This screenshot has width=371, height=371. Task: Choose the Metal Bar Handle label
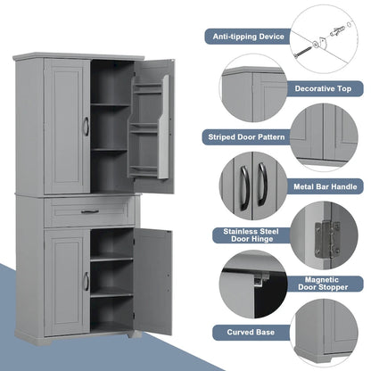tap(327, 186)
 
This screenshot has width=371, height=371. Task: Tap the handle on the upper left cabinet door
tap(86, 128)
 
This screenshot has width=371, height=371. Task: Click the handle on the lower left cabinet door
tap(86, 281)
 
